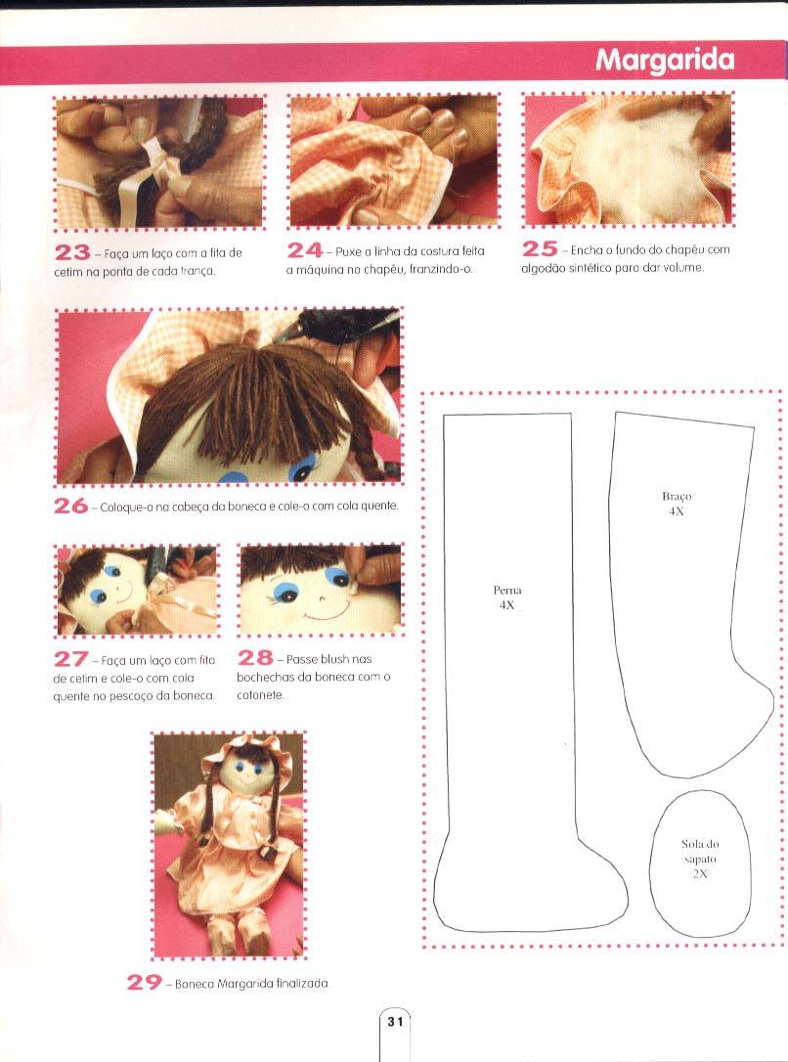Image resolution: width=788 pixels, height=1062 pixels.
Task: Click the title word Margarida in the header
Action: point(665,61)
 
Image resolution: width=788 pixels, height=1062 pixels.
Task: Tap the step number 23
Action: point(72,252)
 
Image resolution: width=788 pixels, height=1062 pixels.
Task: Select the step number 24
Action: point(305,250)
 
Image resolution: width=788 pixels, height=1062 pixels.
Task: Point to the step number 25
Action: point(540,248)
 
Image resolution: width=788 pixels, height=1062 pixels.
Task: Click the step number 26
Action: point(71,506)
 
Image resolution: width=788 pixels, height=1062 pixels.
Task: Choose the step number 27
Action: point(71,658)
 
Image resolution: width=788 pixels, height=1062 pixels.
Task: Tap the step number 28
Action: point(255,658)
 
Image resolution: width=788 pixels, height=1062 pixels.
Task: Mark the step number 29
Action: point(144,982)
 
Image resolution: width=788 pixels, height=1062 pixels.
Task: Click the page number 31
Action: point(395,1021)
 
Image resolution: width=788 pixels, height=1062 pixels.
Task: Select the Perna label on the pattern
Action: point(507,590)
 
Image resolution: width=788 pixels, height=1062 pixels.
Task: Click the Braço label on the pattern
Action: point(677,497)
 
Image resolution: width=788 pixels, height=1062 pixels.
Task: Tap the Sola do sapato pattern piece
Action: point(700,863)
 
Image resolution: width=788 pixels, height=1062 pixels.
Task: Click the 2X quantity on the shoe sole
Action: point(700,873)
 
